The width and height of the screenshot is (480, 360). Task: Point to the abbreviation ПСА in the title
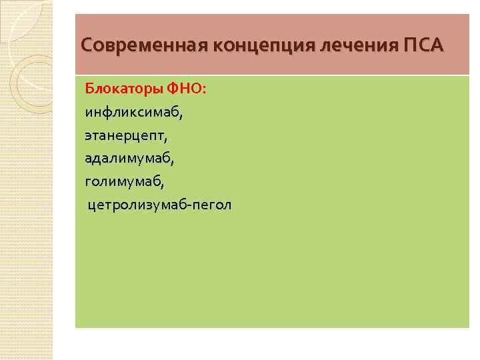pos(423,46)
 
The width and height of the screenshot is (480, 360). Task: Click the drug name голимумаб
pos(123,181)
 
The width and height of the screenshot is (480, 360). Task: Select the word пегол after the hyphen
pos(213,205)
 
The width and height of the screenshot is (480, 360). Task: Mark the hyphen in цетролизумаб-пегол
pos(191,205)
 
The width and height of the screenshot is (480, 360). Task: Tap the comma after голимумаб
pos(162,185)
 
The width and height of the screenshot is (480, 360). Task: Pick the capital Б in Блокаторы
pos(89,89)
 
